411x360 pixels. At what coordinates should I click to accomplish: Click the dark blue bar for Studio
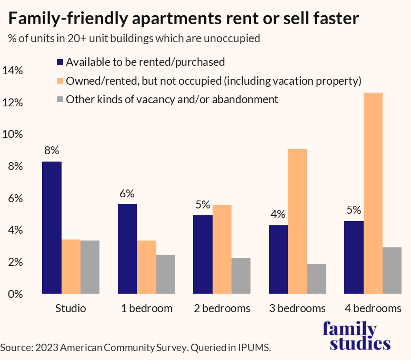pyautogui.click(x=52, y=227)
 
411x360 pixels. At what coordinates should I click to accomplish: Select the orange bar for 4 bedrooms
pyautogui.click(x=373, y=193)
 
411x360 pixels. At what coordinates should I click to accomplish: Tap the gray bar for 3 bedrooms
pyautogui.click(x=316, y=278)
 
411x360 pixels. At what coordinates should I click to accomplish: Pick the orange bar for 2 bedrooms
pyautogui.click(x=222, y=249)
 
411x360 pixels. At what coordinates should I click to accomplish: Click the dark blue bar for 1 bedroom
pyautogui.click(x=127, y=248)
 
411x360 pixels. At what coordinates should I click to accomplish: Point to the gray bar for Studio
pyautogui.click(x=90, y=267)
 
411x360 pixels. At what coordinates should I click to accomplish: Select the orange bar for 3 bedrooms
pyautogui.click(x=297, y=221)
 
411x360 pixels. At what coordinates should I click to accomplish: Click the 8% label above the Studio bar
pyautogui.click(x=52, y=151)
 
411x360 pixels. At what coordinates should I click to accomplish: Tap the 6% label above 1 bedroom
pyautogui.click(x=127, y=193)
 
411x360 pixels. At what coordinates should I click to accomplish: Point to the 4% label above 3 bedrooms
pyautogui.click(x=278, y=214)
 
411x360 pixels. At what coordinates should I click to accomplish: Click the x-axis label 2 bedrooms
pyautogui.click(x=222, y=308)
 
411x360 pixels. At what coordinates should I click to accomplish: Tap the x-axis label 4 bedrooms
pyautogui.click(x=373, y=308)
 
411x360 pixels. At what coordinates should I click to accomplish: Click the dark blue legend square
pyautogui.click(x=59, y=62)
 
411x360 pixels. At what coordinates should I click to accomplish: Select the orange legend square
pyautogui.click(x=59, y=81)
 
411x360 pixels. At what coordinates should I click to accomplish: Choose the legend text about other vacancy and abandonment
pyautogui.click(x=172, y=99)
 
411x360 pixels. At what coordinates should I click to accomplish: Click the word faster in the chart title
pyautogui.click(x=330, y=19)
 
